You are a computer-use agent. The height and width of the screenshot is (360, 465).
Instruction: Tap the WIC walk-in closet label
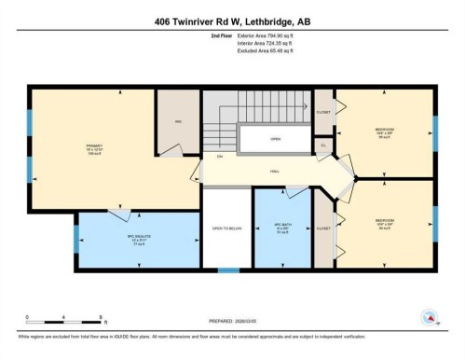coord(176,122)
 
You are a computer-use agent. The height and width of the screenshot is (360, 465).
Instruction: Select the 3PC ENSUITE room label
coord(114,237)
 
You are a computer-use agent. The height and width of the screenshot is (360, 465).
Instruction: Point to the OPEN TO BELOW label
coord(227,229)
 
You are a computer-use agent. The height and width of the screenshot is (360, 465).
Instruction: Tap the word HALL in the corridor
coord(276,171)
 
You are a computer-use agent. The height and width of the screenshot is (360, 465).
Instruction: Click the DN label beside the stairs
coord(219,156)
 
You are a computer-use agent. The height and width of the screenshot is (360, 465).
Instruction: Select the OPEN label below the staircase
coord(275,140)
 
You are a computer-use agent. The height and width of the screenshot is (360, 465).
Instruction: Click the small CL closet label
coord(323,145)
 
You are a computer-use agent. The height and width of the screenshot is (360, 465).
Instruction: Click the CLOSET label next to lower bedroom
coord(322,227)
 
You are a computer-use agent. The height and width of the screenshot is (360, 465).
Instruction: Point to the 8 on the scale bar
coord(75,317)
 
